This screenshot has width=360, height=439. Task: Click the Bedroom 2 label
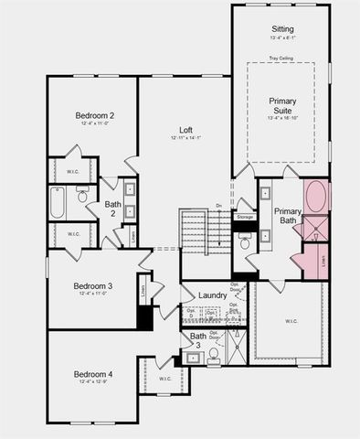pos(94,115)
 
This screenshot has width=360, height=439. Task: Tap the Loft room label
pos(185,129)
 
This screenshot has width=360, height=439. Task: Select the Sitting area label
pos(282,29)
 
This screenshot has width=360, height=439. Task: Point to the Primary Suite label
pos(288,105)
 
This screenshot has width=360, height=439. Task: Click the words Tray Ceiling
pos(282,59)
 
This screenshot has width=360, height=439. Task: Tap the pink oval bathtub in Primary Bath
pos(316,198)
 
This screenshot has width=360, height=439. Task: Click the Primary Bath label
pos(287,216)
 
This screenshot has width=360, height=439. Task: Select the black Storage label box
pos(245,217)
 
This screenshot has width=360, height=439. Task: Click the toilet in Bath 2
pos(82,196)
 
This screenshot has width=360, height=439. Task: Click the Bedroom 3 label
pos(93,286)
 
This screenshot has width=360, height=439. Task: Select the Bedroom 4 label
pos(93,374)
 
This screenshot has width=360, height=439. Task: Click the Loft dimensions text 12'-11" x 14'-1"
pos(185,138)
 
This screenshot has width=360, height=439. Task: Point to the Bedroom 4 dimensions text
pos(93,383)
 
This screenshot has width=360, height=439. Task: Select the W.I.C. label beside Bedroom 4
pos(164,378)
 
